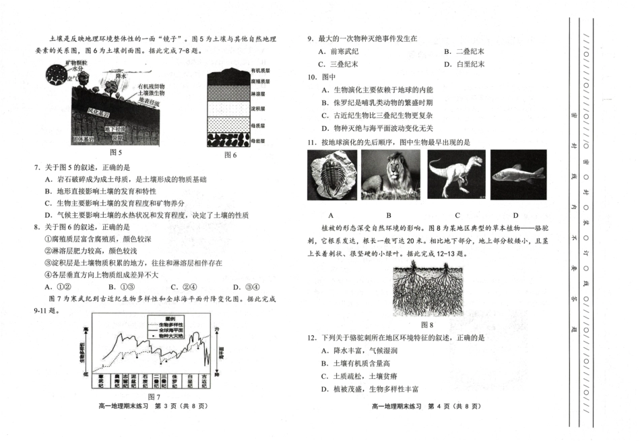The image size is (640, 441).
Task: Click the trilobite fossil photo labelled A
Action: [331, 175]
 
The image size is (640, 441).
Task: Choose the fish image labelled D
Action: [517, 175]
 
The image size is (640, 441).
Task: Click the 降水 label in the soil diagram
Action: [122, 76]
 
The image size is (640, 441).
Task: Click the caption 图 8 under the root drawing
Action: [427, 324]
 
